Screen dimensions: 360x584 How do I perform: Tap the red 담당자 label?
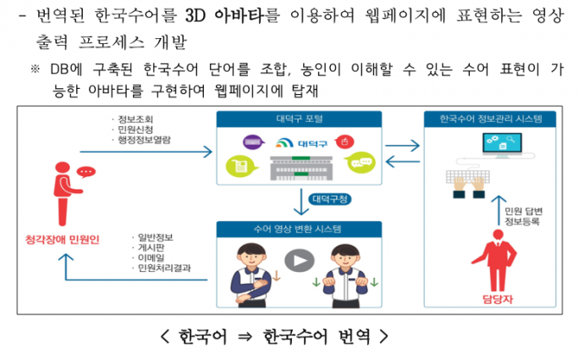[x=493, y=297]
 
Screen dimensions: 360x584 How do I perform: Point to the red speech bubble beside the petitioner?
[x=86, y=172]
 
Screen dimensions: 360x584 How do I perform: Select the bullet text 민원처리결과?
[x=163, y=269]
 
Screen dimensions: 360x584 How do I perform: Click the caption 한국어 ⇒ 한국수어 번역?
[x=275, y=335]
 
